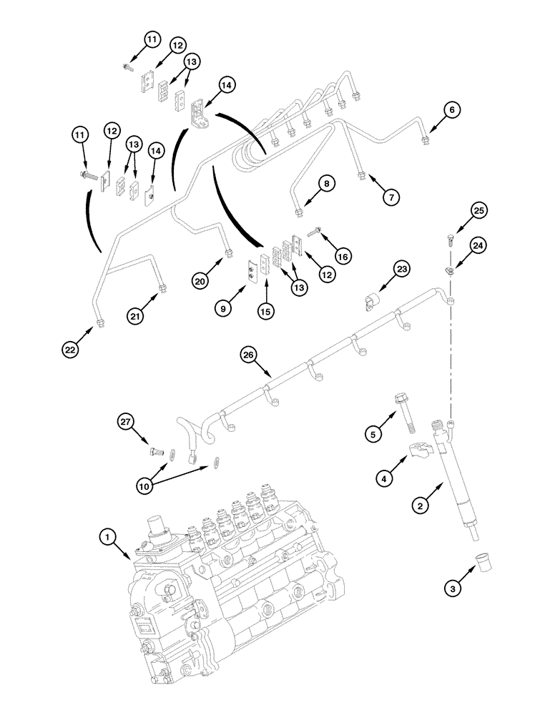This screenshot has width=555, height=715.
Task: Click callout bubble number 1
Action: pos(107,535)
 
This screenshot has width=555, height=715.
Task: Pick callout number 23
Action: pos(402,270)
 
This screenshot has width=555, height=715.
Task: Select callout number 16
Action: pos(343,255)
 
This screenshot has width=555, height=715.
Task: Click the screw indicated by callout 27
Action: pos(155,451)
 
